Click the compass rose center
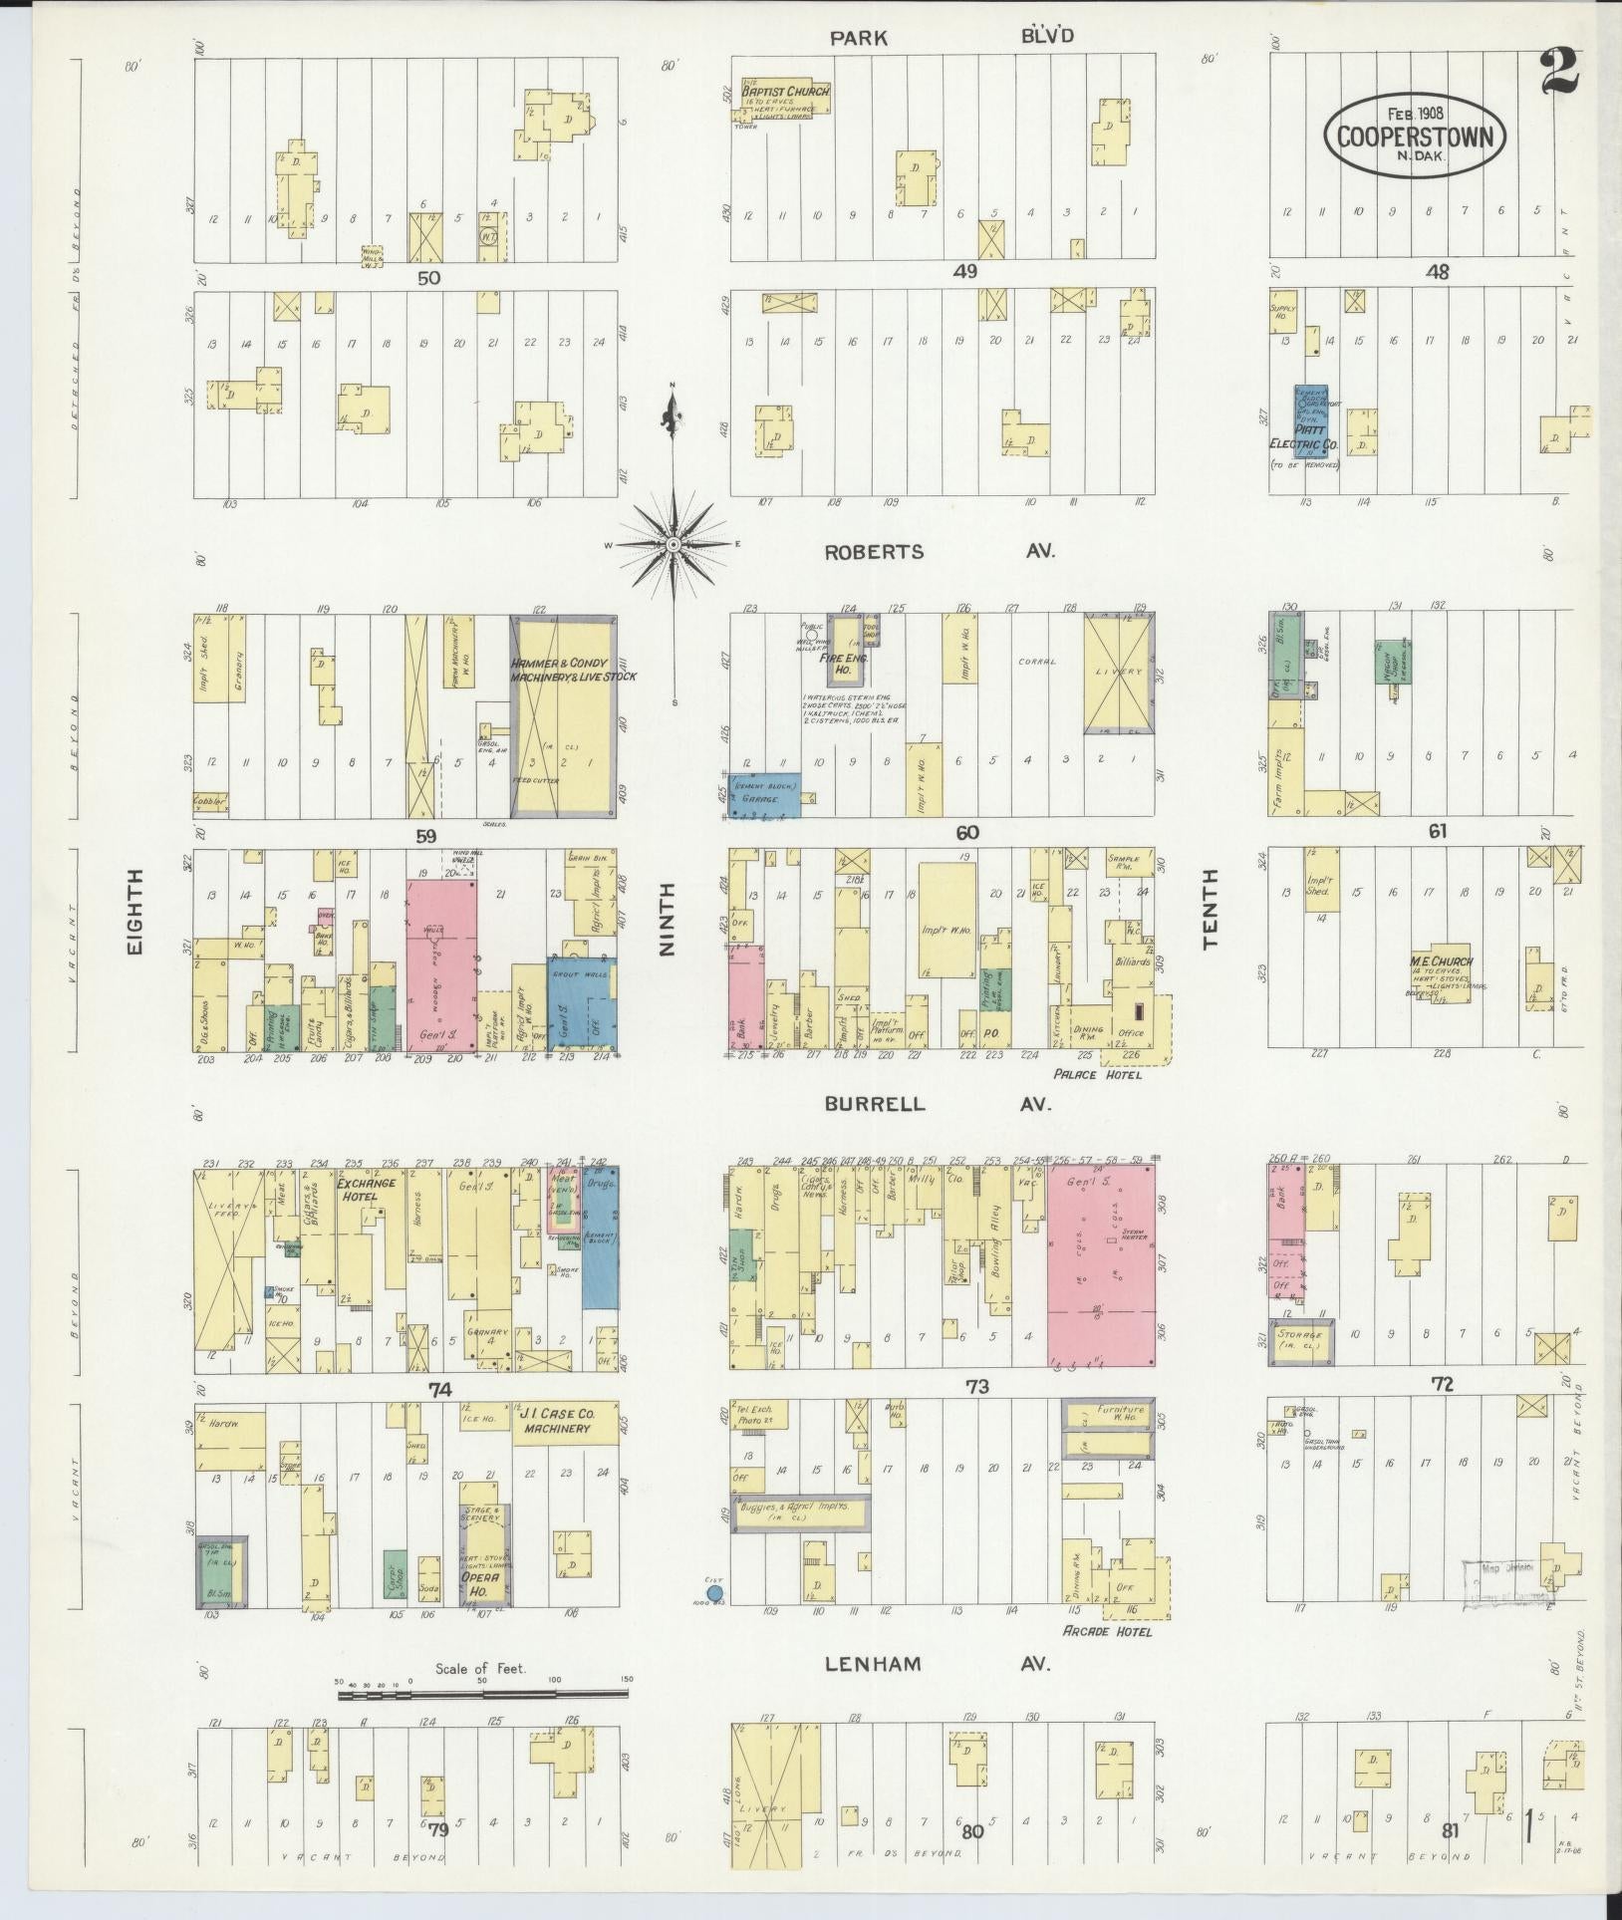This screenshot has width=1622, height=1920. tap(674, 544)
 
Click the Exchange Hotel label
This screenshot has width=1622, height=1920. tap(367, 1190)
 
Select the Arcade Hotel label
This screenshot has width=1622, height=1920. tap(1107, 1632)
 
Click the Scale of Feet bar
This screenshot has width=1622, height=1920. tap(482, 1692)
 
